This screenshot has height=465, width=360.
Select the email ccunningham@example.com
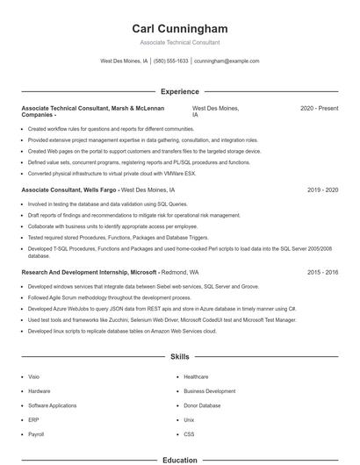[227, 61]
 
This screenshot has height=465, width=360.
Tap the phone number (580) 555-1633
[171, 61]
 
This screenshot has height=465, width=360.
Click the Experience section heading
[179, 91]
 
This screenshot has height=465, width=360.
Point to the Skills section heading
[179, 357]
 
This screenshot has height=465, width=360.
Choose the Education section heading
[179, 459]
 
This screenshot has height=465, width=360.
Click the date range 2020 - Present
[319, 108]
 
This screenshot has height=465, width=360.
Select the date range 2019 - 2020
[322, 190]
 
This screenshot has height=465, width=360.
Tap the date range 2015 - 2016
[322, 273]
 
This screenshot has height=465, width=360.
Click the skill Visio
[33, 376]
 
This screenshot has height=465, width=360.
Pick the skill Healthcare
[196, 376]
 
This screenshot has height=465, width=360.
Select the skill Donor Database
[202, 405]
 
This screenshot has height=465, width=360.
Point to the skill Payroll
[36, 434]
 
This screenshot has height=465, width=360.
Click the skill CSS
[189, 434]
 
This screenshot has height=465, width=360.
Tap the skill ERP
[33, 420]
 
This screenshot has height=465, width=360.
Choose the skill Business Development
[209, 391]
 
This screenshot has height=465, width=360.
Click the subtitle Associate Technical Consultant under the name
[179, 42]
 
